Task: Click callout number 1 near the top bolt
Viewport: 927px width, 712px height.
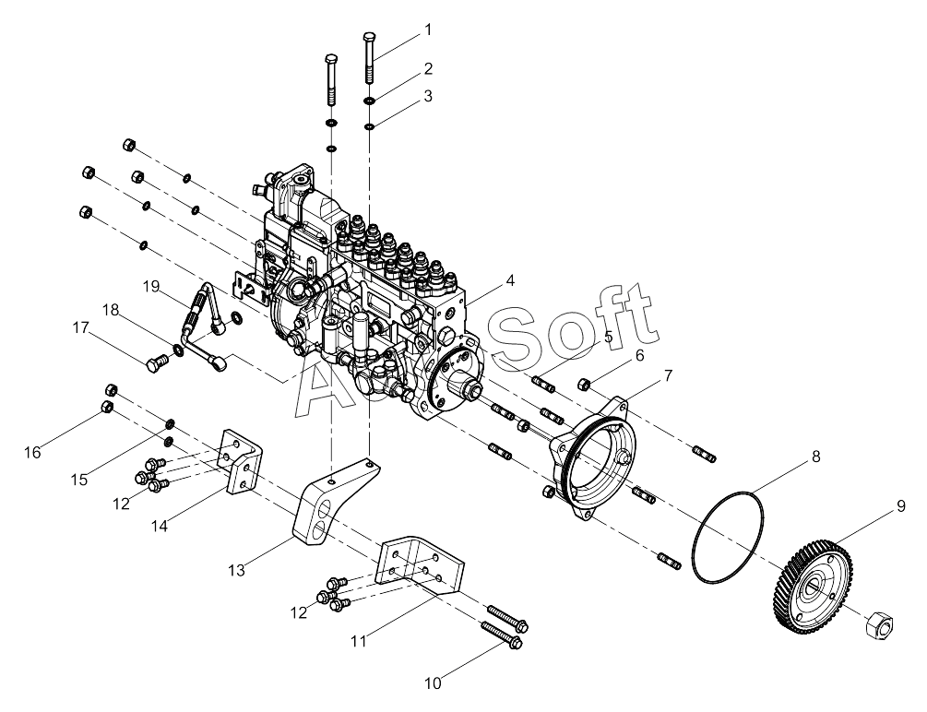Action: pyautogui.click(x=427, y=30)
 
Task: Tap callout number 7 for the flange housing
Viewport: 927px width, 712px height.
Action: pyautogui.click(x=667, y=375)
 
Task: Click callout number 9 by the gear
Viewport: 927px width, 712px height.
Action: pyautogui.click(x=874, y=506)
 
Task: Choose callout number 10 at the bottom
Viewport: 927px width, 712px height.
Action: pyautogui.click(x=434, y=683)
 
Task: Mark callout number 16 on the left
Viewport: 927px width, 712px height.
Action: pyautogui.click(x=32, y=452)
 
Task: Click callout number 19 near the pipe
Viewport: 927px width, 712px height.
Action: pyautogui.click(x=152, y=286)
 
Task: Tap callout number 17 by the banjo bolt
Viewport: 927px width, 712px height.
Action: pyautogui.click(x=80, y=326)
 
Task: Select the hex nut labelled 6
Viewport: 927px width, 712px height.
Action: pyautogui.click(x=584, y=383)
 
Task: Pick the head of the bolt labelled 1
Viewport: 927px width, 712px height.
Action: pyautogui.click(x=369, y=36)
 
